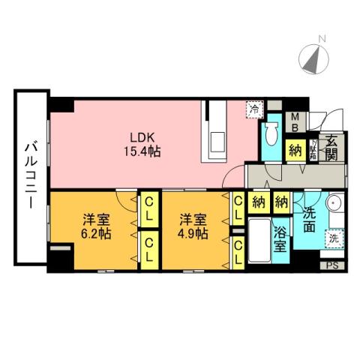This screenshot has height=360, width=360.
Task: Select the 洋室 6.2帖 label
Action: point(95,226)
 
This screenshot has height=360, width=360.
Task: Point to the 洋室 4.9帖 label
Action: point(192,226)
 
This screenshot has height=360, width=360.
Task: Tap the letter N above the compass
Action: point(322,38)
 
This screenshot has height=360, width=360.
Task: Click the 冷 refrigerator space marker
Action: point(255,110)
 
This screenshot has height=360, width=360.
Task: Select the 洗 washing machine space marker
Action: point(332,238)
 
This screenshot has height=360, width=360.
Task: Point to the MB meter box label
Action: point(295,121)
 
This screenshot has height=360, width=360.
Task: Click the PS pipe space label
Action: point(332,265)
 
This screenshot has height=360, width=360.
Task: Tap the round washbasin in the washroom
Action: point(334,203)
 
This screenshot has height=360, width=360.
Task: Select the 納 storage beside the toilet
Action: point(295,150)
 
